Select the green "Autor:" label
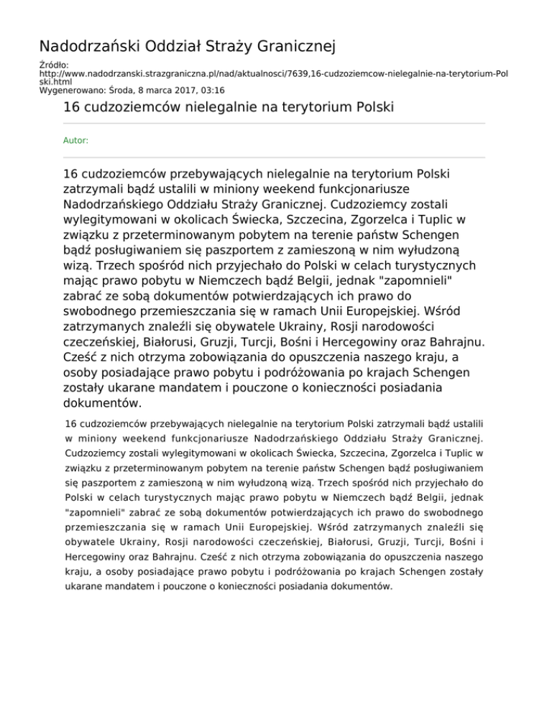point(76,141)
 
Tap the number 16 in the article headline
point(71,108)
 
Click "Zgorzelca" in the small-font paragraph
point(394,453)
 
